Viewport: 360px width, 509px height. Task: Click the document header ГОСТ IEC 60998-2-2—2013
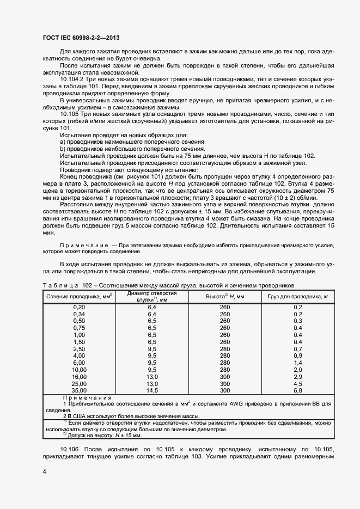pyautogui.click(x=81, y=38)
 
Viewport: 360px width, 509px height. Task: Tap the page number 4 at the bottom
pyautogui.click(x=44, y=472)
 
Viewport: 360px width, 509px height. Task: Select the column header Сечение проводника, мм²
pyautogui.click(x=79, y=296)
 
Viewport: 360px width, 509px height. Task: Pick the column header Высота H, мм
pyautogui.click(x=225, y=296)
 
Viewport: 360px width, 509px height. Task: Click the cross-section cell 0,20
pyautogui.click(x=79, y=308)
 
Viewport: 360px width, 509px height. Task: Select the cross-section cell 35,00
pyautogui.click(x=79, y=390)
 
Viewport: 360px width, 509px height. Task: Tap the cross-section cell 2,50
pyautogui.click(x=79, y=349)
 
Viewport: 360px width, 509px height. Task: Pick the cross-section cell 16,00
pyautogui.click(x=79, y=376)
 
